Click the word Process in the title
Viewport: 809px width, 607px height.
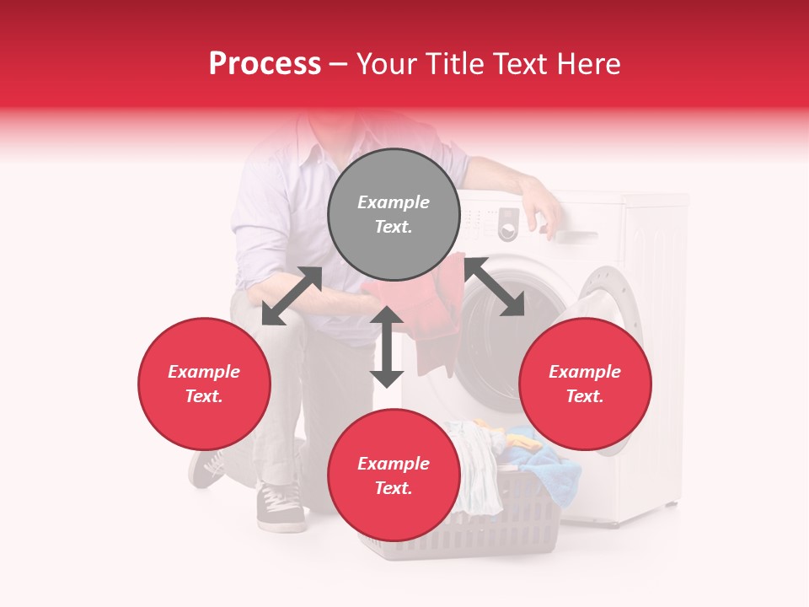265,64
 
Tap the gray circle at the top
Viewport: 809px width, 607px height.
394,214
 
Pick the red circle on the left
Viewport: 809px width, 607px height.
204,384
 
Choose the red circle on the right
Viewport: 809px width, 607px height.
585,384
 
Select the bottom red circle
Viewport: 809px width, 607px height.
394,475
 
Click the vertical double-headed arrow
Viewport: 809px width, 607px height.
387,346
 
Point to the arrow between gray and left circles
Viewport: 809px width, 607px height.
292,296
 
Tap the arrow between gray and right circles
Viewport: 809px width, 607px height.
494,287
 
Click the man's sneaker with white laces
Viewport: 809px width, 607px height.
281,508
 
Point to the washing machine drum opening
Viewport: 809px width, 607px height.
497,337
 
